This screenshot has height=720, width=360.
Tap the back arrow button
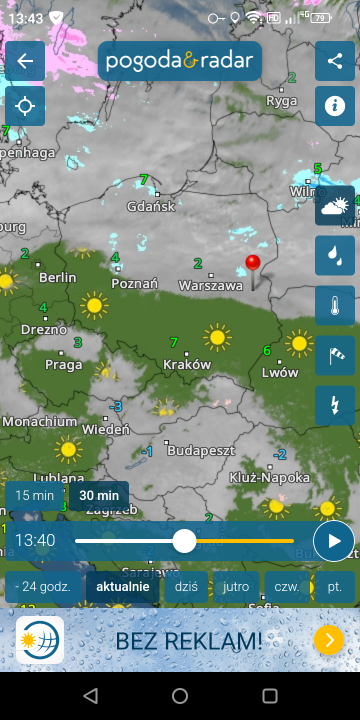25,61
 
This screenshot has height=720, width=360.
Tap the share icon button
335,61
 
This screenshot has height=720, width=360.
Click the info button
335,105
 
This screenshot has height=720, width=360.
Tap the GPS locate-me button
25,105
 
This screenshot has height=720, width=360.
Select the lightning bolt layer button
335,405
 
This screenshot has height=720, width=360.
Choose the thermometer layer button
335,305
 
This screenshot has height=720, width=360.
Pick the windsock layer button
335,355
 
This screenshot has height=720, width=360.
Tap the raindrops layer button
335,255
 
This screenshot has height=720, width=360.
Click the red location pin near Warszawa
252,264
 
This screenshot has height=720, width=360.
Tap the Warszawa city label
210,286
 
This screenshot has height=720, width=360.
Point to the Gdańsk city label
151,206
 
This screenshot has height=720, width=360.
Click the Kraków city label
187,365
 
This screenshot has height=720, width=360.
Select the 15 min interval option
35,495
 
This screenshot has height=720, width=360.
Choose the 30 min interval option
99,495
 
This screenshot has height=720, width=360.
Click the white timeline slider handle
184,541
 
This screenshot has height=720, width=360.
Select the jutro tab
236,586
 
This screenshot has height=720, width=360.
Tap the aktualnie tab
122,586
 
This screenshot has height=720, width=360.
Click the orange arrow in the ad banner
328,640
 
